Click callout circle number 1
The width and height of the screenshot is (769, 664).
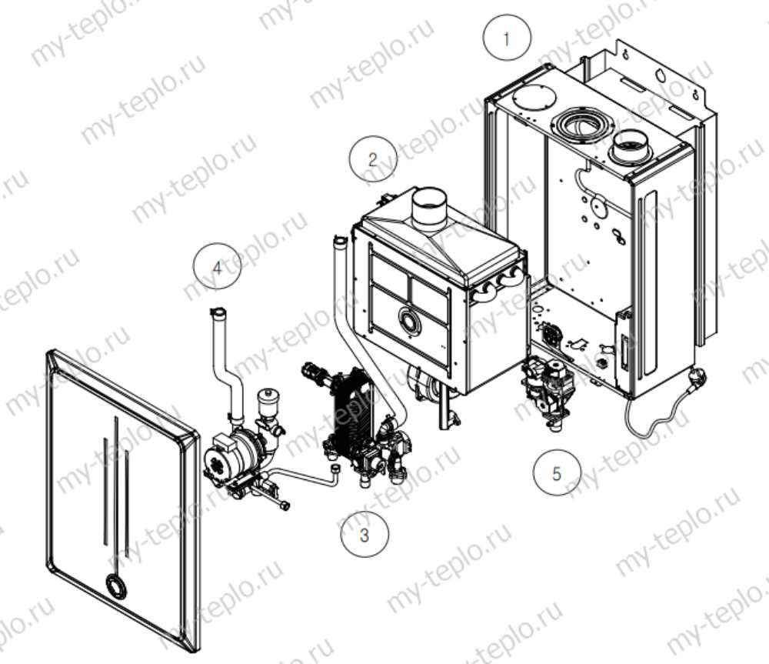(x=507, y=38)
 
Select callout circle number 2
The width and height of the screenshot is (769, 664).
(x=372, y=159)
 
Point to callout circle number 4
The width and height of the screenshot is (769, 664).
(x=217, y=266)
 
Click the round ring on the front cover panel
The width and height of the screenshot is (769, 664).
(x=115, y=584)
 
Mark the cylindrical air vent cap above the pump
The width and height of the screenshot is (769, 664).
(x=268, y=401)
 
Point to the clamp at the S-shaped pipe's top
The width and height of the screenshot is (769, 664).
(x=219, y=312)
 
